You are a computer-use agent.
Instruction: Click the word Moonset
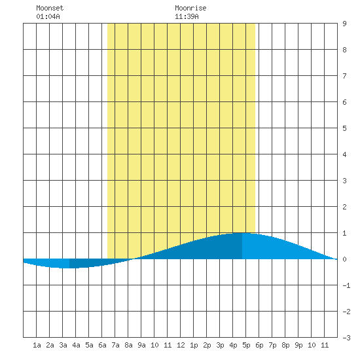pos(50,9)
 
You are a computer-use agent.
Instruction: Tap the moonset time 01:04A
pos(48,16)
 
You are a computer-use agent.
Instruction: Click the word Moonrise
pos(190,9)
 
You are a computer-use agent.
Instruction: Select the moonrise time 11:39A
pos(187,16)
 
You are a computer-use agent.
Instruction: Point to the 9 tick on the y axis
pos(344,24)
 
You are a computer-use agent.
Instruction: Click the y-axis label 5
pos(344,128)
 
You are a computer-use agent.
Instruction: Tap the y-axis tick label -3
pos(346,338)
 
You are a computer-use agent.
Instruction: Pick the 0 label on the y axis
pos(344,259)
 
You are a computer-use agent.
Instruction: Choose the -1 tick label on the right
pos(346,285)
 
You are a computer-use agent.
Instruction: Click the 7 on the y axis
pos(344,76)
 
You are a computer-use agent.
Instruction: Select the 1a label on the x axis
pos(37,345)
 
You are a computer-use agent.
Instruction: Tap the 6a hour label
pos(102,345)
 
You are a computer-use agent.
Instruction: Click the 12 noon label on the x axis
pos(181,345)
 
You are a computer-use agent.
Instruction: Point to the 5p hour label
pos(246,345)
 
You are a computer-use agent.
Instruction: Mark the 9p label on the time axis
pos(298,345)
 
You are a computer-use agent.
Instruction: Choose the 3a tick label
pos(63,345)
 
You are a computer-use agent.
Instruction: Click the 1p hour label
pos(194,345)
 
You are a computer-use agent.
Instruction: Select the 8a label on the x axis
pos(128,345)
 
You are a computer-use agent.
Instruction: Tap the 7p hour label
pos(272,345)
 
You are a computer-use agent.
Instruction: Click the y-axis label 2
pos(344,207)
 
